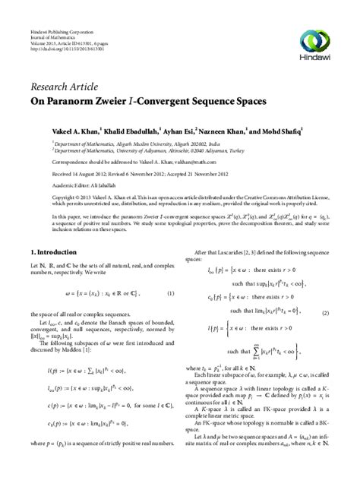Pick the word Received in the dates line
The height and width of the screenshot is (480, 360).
click(x=42, y=172)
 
